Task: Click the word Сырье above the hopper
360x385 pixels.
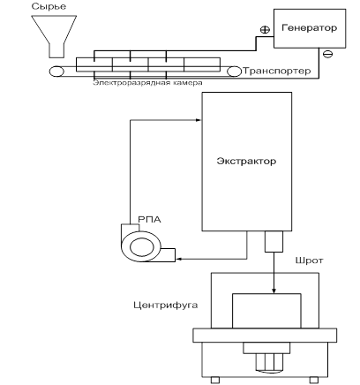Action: [49, 6]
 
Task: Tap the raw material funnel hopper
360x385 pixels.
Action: [54, 35]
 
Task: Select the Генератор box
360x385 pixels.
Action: [310, 28]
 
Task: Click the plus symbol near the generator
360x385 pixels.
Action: [265, 29]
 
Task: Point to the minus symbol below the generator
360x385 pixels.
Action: [327, 54]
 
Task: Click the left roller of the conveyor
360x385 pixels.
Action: [56, 72]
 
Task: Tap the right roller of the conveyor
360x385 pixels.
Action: [234, 72]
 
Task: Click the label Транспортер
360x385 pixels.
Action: [276, 72]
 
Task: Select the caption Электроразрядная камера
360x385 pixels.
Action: [147, 83]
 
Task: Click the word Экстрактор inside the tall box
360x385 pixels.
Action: [246, 161]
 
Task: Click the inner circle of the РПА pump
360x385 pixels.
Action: [142, 247]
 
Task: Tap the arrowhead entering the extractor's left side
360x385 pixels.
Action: [199, 120]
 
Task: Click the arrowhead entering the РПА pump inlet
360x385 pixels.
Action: [178, 259]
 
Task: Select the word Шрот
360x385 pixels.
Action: [309, 260]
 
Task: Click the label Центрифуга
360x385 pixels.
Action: [166, 305]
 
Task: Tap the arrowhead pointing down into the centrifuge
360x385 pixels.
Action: [274, 291]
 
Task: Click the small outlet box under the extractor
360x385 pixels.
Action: [274, 241]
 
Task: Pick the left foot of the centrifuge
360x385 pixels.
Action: [215, 381]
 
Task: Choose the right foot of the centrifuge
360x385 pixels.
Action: [314, 381]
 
